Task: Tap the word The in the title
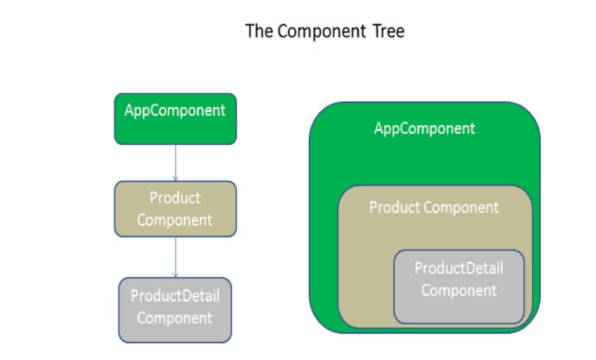point(258,31)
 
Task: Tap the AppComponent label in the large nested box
point(424,129)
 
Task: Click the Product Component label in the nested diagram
point(434,207)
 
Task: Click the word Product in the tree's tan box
point(175,198)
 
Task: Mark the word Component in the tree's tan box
point(175,220)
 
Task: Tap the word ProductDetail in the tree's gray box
point(175,296)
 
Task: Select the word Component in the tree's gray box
point(175,318)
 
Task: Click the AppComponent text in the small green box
point(175,111)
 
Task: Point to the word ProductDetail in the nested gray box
point(459,268)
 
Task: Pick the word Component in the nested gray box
point(459,291)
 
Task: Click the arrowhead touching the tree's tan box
point(175,178)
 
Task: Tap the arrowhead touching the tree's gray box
point(175,275)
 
